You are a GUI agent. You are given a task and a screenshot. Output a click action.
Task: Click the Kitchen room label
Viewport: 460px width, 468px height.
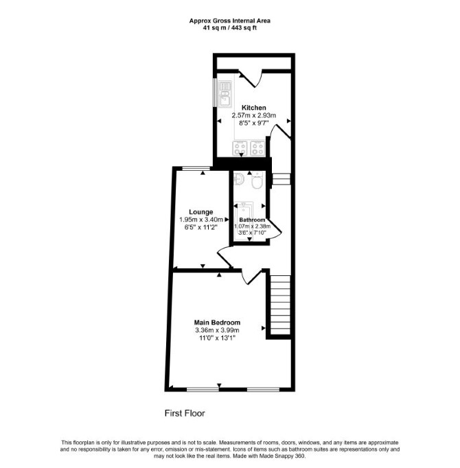[253, 108]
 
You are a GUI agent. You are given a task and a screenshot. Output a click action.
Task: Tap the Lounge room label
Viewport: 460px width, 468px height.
[201, 212]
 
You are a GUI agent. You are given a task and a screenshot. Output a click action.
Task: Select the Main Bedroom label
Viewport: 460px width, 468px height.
[217, 323]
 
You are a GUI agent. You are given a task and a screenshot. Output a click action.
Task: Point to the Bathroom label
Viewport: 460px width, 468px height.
[252, 220]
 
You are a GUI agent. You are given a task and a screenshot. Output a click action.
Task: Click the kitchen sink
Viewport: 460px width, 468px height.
[225, 94]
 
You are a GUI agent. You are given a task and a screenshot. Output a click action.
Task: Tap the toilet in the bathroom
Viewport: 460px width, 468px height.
[257, 180]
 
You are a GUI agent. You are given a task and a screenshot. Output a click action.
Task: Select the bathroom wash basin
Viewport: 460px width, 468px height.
[239, 178]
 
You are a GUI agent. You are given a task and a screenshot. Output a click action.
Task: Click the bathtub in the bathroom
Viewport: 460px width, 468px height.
[243, 221]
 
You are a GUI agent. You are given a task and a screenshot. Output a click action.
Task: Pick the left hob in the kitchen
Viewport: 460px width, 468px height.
[240, 148]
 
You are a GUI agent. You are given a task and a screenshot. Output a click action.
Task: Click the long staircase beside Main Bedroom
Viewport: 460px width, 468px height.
[280, 305]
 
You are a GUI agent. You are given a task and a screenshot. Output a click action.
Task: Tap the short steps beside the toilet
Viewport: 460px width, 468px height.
[281, 179]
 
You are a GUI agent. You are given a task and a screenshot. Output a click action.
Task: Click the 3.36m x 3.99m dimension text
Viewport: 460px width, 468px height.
[217, 330]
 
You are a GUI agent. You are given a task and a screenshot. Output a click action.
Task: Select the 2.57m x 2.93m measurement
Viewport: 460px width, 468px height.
[254, 115]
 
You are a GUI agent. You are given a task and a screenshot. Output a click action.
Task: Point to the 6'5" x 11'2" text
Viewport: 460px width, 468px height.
[201, 227]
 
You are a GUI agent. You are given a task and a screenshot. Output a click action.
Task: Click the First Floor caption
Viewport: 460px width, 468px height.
[185, 413]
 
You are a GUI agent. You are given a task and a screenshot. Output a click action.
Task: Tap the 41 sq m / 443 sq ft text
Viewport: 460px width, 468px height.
[230, 28]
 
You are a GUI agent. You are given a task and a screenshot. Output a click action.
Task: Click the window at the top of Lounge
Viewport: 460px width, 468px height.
[196, 169]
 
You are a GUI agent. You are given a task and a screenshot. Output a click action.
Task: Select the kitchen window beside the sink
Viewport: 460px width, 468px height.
[215, 92]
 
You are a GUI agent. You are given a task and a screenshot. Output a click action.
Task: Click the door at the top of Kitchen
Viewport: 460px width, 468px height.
[251, 78]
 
